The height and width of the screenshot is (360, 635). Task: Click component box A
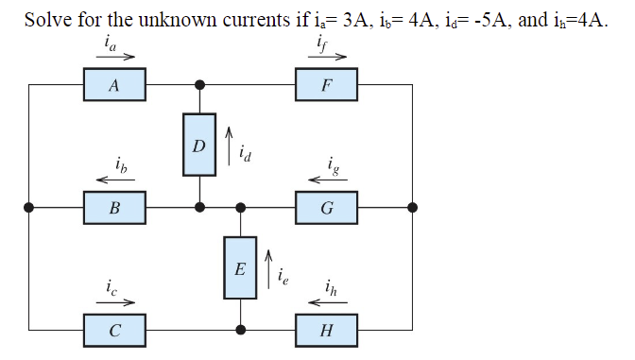click(113, 86)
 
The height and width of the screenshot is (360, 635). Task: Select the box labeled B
click(113, 208)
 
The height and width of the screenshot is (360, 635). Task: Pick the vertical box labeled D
click(198, 146)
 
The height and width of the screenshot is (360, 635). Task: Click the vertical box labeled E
click(240, 268)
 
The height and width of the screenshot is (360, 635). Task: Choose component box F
click(327, 86)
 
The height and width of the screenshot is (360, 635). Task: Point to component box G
click(327, 208)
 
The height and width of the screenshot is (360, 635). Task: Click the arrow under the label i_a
click(113, 56)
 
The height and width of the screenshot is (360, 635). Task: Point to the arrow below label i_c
click(113, 302)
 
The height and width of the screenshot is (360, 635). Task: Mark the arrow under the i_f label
click(327, 56)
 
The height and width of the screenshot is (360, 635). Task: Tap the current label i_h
click(327, 288)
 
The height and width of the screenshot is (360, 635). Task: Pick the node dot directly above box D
click(198, 85)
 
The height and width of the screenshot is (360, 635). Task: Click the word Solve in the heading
click(45, 21)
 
